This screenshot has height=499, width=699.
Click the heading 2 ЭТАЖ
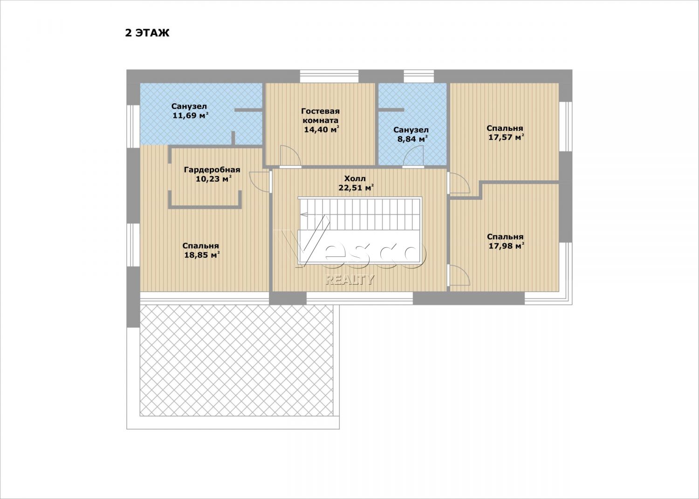click(147, 33)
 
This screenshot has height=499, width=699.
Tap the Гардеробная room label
click(212, 170)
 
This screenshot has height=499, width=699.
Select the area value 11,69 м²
click(190, 116)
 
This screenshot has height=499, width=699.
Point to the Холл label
click(355, 179)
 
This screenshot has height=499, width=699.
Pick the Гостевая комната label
click(321, 116)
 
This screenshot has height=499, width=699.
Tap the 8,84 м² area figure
click(412, 139)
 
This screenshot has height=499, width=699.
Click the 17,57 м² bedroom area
click(506, 137)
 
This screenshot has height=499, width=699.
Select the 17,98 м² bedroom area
click(506, 246)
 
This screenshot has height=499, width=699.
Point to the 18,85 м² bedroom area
click(202, 255)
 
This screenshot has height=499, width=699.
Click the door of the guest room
click(290, 157)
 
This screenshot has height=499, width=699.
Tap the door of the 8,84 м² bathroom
click(413, 157)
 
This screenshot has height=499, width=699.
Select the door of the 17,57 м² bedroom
click(459, 183)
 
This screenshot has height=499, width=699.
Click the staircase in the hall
click(360, 229)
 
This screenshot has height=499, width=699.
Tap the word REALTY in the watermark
click(349, 280)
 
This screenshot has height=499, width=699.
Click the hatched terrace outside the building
click(237, 361)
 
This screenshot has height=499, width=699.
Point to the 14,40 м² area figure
click(322, 130)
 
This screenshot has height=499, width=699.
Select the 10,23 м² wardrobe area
click(214, 179)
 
